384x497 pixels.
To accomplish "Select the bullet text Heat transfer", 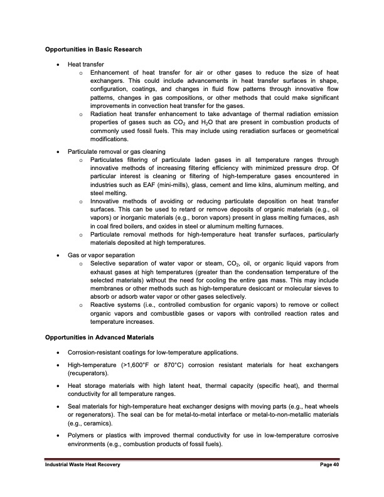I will click(x=86, y=64).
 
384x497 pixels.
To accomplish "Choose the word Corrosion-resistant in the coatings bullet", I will click(x=96, y=352).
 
